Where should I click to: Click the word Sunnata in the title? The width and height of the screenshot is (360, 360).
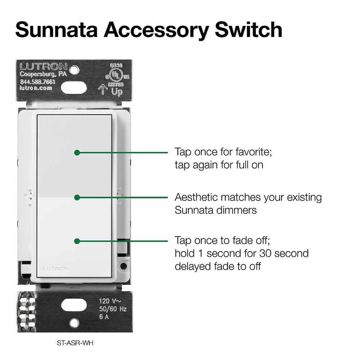pos(57,30)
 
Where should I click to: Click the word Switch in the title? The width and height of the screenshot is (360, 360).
pos(249,30)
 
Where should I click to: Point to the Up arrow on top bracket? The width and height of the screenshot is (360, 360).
pos(103,89)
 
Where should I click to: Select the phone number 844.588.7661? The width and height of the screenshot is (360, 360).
pos(38,82)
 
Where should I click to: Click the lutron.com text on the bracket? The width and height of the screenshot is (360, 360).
pos(36,88)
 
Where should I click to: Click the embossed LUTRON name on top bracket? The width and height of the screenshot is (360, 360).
pos(44,67)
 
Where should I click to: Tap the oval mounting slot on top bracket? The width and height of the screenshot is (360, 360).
pos(74,88)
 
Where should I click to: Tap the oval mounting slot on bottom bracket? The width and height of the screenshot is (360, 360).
pos(74,305)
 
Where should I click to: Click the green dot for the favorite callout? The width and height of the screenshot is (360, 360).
pos(77,152)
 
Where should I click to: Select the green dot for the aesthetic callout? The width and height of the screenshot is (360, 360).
pos(77,197)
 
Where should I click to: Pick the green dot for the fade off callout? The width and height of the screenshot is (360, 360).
pos(77,241)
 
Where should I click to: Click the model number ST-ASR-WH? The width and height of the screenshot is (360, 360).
pos(75,343)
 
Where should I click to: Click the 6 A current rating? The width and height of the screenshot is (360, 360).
pos(104,317)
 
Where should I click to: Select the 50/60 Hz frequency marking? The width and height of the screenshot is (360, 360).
pos(113,309)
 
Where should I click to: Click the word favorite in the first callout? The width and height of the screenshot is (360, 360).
pos(254,152)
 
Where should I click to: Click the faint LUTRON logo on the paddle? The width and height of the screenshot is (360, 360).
pos(56,269)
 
